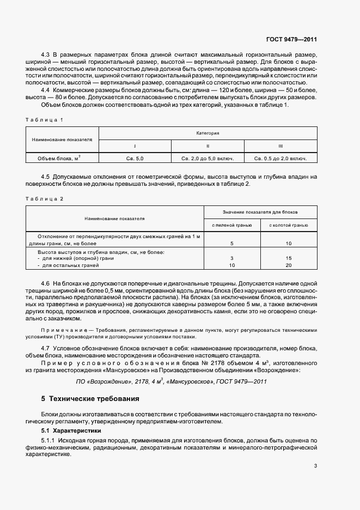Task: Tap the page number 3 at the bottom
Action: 315,466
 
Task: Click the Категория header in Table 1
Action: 208,132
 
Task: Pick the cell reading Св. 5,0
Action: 135,159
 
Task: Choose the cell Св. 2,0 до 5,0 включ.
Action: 208,159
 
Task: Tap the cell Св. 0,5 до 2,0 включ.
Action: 280,159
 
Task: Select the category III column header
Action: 280,146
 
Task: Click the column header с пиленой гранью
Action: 232,224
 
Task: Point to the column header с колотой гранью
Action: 289,224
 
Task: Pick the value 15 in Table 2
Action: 289,258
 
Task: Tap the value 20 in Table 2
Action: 289,265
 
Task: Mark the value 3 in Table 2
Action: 232,258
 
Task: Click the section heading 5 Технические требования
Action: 90,399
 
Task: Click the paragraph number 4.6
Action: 46,284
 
